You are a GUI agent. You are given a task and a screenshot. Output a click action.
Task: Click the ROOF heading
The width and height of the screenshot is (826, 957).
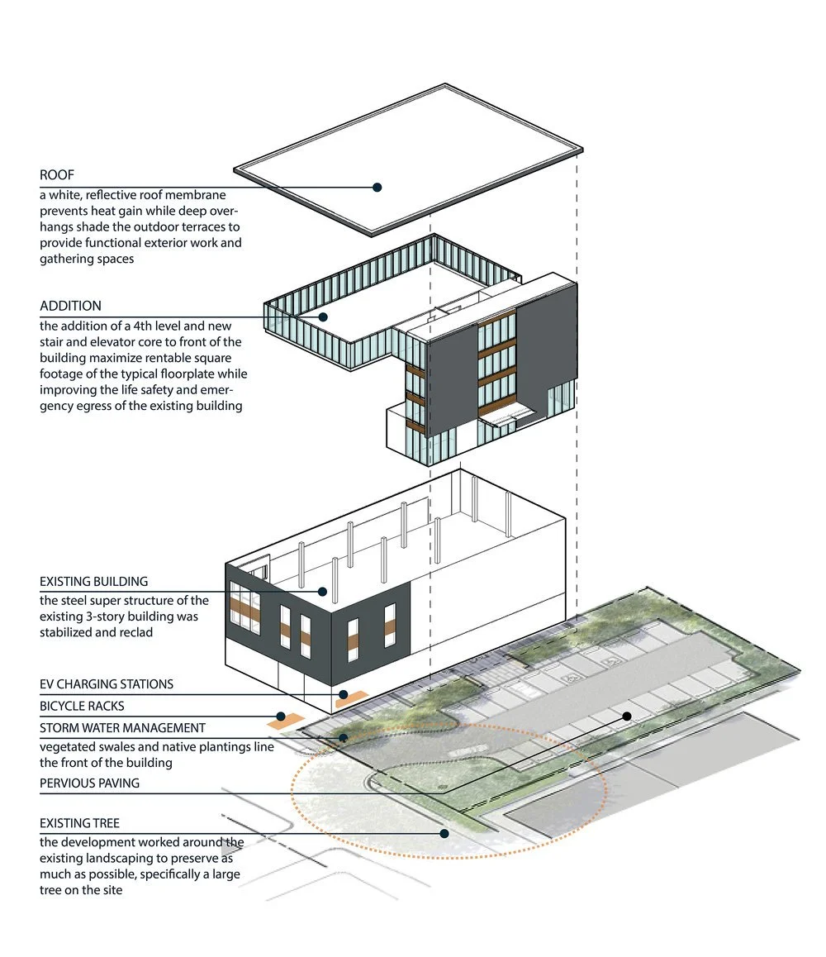click(55, 175)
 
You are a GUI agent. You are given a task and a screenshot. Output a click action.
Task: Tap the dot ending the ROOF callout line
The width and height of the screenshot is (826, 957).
click(377, 188)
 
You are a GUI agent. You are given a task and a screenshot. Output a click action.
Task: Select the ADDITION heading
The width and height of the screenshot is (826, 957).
click(70, 306)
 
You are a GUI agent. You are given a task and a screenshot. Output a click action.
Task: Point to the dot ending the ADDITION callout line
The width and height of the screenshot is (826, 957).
click(324, 317)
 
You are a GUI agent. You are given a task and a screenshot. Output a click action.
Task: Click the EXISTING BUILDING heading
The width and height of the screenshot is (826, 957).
click(93, 582)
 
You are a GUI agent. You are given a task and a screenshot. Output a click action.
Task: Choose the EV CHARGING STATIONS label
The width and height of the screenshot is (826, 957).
click(107, 684)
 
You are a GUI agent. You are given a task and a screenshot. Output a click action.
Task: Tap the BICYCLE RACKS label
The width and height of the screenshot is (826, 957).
click(82, 707)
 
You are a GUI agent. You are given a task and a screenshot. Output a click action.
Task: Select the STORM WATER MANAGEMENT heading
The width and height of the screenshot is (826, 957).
click(122, 728)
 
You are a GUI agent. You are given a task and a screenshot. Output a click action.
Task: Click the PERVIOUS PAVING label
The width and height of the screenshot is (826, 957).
click(89, 783)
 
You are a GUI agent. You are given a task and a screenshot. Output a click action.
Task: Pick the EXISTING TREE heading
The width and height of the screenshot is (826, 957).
click(79, 824)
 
